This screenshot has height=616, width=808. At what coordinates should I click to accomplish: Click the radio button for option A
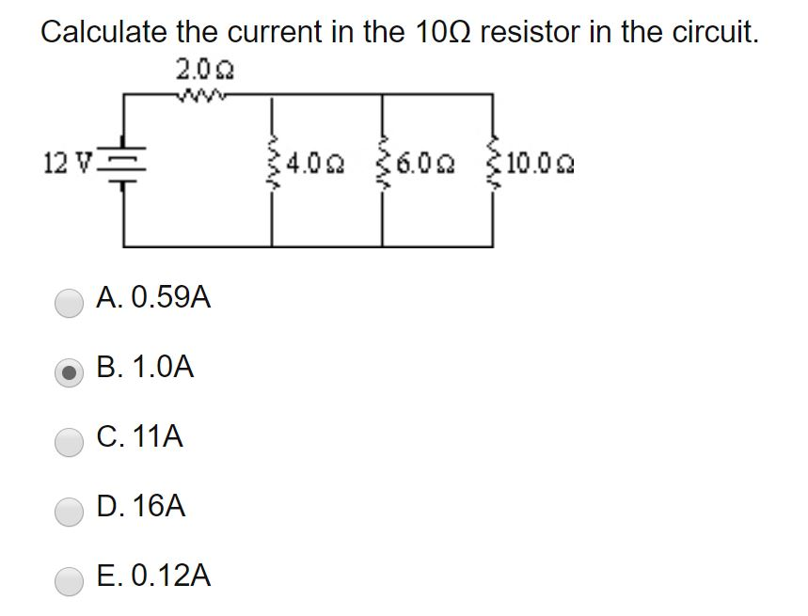point(70,302)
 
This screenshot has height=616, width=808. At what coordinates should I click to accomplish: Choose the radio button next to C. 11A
point(70,440)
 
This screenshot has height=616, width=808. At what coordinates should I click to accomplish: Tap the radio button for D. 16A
point(70,510)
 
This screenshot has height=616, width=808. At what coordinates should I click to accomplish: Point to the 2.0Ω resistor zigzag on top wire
point(202,93)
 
